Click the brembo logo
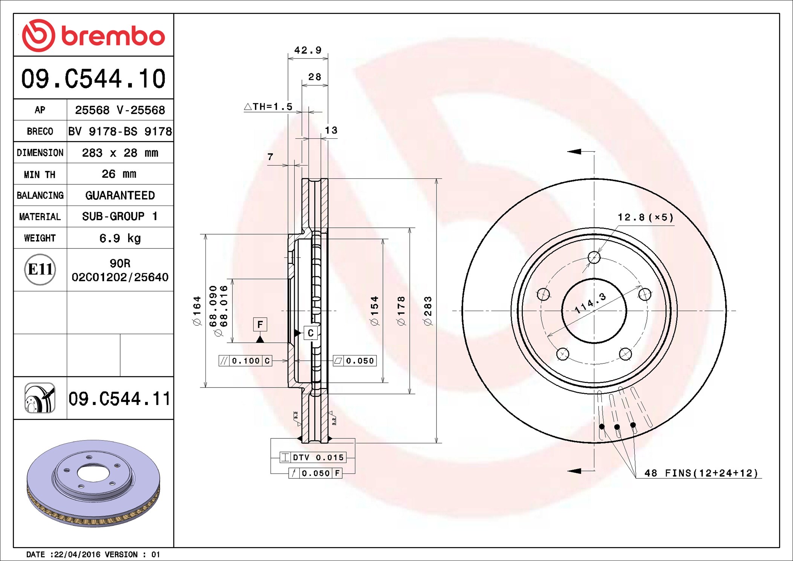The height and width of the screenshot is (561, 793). pyautogui.click(x=93, y=35)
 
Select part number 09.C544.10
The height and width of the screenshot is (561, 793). pyautogui.click(x=93, y=79)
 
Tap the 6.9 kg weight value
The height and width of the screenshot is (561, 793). pyautogui.click(x=120, y=238)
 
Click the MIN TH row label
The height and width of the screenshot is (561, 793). pyautogui.click(x=40, y=175)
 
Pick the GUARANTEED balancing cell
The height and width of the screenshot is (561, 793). pyautogui.click(x=120, y=195)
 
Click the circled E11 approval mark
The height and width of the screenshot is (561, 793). pyautogui.click(x=40, y=270)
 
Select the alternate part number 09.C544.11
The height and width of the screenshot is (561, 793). pyautogui.click(x=119, y=399)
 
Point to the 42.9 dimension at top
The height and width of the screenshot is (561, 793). pyautogui.click(x=308, y=50)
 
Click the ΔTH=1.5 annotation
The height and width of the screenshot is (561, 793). pyautogui.click(x=268, y=107)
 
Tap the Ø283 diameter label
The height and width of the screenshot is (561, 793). pyautogui.click(x=428, y=311)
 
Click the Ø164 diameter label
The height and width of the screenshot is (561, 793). pyautogui.click(x=197, y=311)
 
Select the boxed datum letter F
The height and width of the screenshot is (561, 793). pyautogui.click(x=260, y=324)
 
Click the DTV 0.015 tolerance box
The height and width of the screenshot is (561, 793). pyautogui.click(x=313, y=457)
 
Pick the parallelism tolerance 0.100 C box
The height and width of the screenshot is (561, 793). pyautogui.click(x=245, y=361)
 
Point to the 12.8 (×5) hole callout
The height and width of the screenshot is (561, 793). pyautogui.click(x=645, y=218)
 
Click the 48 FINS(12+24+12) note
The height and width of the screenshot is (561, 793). pyautogui.click(x=701, y=473)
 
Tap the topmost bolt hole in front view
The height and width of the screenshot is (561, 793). pyautogui.click(x=594, y=258)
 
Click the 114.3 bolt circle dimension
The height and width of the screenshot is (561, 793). pyautogui.click(x=590, y=303)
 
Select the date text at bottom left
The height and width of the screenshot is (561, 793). pyautogui.click(x=93, y=554)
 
